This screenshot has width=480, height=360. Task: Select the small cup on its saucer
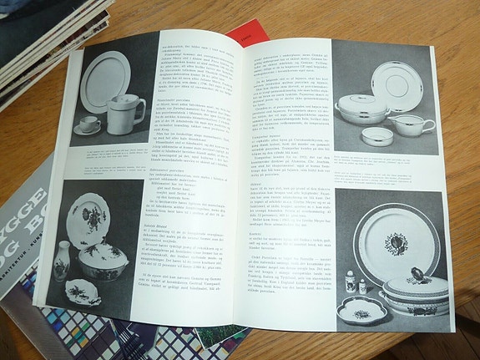tap(88, 125)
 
